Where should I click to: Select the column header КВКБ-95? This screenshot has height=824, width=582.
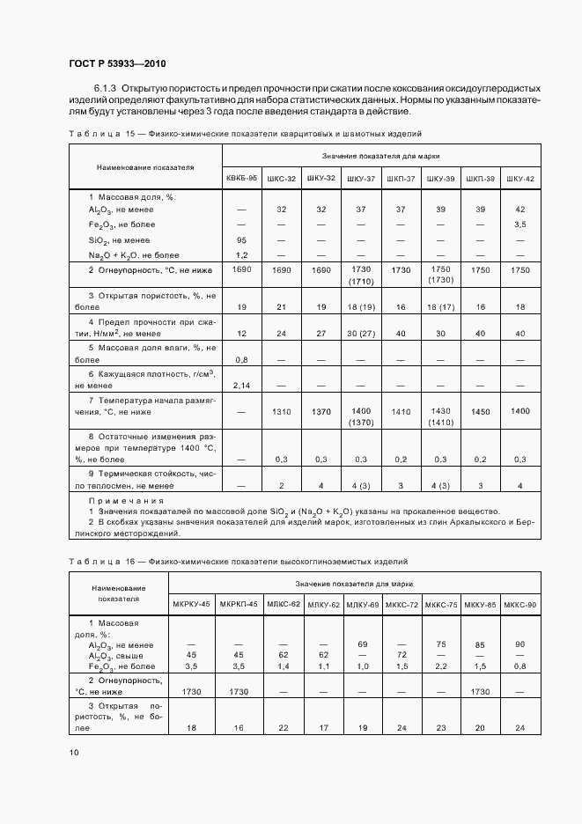coord(242,178)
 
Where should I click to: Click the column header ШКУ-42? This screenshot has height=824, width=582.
coord(520,178)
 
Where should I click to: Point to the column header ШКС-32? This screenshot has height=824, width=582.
coord(282,178)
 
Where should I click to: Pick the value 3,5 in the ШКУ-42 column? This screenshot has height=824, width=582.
coord(520,224)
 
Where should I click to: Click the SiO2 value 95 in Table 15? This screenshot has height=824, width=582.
coord(241,239)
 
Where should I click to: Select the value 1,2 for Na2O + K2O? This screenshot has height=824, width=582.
coord(241,254)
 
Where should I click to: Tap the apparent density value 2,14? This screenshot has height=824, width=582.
coord(241,385)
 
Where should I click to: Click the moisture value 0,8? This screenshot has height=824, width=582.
coord(241,359)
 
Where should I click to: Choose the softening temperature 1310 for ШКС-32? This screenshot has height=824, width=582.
coord(282,412)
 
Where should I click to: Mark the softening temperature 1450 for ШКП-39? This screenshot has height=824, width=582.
coord(481,412)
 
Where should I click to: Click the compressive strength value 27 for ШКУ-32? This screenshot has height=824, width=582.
coord(321,334)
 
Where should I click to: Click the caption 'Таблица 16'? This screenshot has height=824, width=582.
coord(97,562)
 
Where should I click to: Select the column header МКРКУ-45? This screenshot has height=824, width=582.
coord(192,604)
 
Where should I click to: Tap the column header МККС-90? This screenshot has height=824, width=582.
coord(520,604)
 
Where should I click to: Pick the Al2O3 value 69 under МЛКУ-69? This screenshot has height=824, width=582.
coord(362,644)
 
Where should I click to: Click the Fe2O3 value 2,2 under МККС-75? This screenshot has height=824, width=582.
coord(441,666)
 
